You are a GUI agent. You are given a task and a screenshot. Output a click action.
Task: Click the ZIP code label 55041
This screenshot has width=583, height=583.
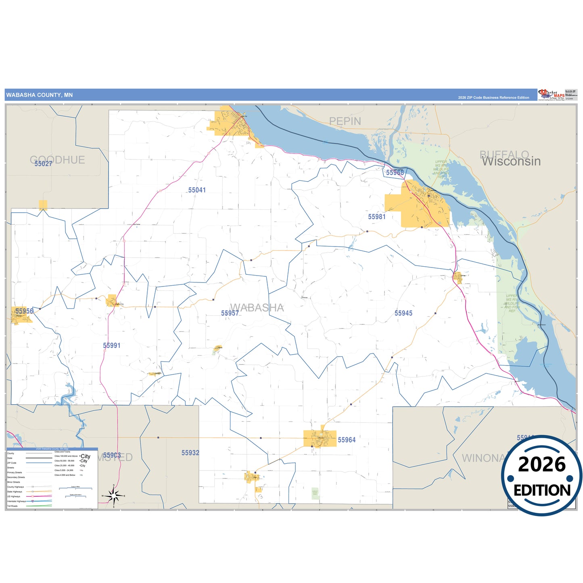pyautogui.click(x=197, y=190)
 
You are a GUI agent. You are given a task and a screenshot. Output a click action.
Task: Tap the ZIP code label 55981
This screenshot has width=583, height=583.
pyautogui.click(x=377, y=217)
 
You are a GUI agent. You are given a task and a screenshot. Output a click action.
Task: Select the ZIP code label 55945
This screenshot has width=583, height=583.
pyautogui.click(x=403, y=313)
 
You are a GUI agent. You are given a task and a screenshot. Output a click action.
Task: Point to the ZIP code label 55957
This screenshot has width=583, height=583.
pyautogui.click(x=230, y=313)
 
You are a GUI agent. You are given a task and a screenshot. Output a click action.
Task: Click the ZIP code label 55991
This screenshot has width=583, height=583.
pyautogui.click(x=112, y=345)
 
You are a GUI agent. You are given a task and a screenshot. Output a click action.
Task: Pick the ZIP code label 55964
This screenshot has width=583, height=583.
pyautogui.click(x=347, y=440)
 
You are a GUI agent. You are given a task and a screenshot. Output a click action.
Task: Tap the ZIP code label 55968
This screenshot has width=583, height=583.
pyautogui.click(x=395, y=173)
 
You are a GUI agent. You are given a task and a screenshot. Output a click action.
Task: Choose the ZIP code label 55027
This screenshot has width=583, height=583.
pyautogui.click(x=43, y=164)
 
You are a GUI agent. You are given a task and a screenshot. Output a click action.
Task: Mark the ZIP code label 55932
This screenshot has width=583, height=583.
pyautogui.click(x=190, y=453)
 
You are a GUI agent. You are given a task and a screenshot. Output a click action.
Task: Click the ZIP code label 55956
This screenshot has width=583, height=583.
pyautogui.click(x=24, y=311)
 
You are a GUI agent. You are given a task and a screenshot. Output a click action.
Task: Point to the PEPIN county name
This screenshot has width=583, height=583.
pyautogui.click(x=345, y=121)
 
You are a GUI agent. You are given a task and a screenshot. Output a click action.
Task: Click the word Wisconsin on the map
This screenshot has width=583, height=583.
pyautogui.click(x=511, y=161)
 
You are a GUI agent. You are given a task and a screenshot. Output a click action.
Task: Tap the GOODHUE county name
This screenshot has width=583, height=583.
pyautogui.click(x=58, y=160)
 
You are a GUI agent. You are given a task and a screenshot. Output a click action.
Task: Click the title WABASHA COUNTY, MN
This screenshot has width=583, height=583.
pyautogui.click(x=40, y=95)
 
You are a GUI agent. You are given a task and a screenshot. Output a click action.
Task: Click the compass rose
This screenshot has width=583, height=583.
pyautogui.click(x=114, y=495)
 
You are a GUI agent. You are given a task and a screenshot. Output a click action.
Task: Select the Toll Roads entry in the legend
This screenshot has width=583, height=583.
pyautogui.click(x=13, y=506)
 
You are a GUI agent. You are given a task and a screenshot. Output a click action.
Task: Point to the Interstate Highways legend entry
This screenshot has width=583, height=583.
pyautogui.click(x=17, y=501)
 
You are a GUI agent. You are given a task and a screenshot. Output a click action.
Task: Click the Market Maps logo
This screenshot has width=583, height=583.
pyautogui.click(x=552, y=95)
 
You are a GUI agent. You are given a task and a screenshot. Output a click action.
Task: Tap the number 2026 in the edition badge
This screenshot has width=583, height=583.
pyautogui.click(x=541, y=464)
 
